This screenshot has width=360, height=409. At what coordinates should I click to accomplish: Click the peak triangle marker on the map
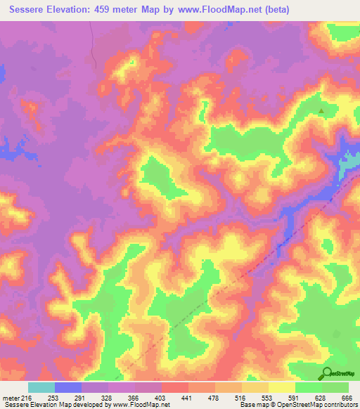pyautogui.click(x=322, y=111)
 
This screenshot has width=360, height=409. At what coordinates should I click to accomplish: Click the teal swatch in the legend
pyautogui.click(x=41, y=387)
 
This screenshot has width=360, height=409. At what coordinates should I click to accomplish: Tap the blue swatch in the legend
pyautogui.click(x=68, y=387)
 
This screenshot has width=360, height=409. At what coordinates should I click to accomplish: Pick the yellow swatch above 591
pyautogui.click(x=282, y=387)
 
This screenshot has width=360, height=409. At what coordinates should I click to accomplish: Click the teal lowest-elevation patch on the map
pyautogui.click(x=347, y=166)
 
